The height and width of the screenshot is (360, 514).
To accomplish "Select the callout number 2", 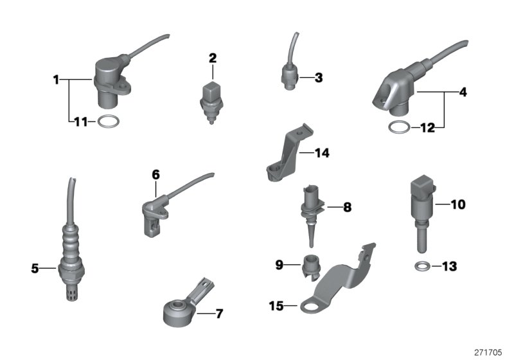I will (x=212, y=59).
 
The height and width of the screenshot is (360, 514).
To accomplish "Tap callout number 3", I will (x=318, y=78).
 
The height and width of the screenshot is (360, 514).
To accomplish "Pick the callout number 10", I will (x=457, y=205).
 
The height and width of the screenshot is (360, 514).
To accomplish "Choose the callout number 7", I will (x=218, y=314).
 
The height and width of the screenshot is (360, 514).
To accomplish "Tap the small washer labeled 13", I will (x=421, y=265).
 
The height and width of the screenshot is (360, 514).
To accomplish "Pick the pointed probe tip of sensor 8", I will (x=311, y=242).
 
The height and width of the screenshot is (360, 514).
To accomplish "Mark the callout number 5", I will (x=35, y=268).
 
